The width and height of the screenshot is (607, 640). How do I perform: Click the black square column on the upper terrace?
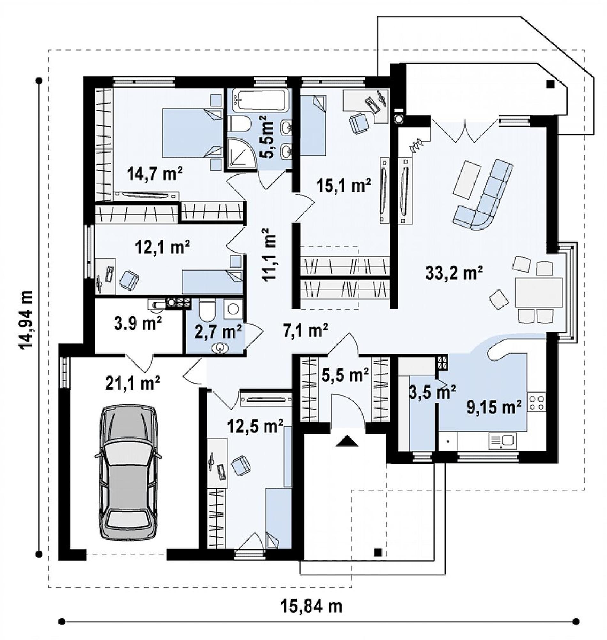coord(549,84)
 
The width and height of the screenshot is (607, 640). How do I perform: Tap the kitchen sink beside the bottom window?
coord(502,442)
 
